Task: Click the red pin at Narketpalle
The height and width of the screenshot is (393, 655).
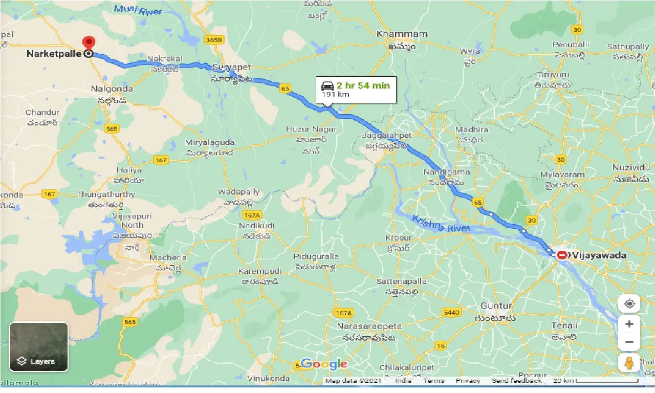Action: pyautogui.click(x=89, y=42)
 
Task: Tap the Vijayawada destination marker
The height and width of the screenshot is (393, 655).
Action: pyautogui.click(x=562, y=254)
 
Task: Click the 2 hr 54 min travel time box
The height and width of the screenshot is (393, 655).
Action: pyautogui.click(x=356, y=90)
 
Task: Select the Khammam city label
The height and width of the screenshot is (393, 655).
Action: pyautogui.click(x=402, y=34)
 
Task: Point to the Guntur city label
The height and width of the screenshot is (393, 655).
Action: pyautogui.click(x=496, y=306)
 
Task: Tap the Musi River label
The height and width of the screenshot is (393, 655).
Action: pyautogui.click(x=138, y=9)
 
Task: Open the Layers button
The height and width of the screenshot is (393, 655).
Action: pyautogui.click(x=38, y=346)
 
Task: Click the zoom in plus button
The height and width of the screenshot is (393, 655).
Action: pyautogui.click(x=629, y=324)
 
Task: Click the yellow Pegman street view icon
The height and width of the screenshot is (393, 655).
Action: pyautogui.click(x=629, y=363)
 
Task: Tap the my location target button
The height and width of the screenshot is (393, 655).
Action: pyautogui.click(x=629, y=303)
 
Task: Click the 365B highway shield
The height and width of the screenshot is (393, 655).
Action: pyautogui.click(x=213, y=39)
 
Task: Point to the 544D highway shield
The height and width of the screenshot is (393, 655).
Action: pyautogui.click(x=452, y=312)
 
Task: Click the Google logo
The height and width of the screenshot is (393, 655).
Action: pyautogui.click(x=324, y=364)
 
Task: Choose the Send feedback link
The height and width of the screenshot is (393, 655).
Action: pyautogui.click(x=516, y=381)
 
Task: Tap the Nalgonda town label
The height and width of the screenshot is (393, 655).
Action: pyautogui.click(x=112, y=89)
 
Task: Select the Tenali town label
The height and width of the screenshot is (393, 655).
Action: pyautogui.click(x=564, y=325)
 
